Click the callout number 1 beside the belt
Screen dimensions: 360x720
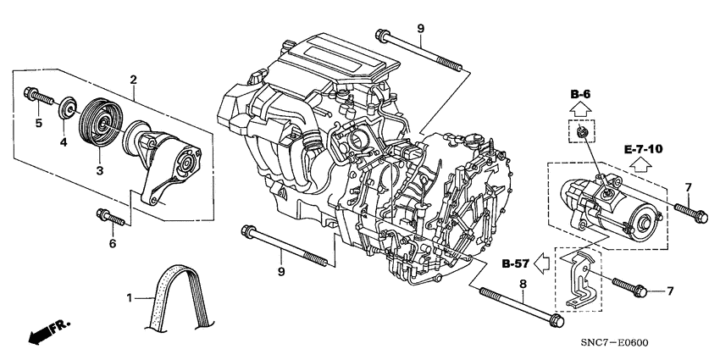coord(130,298)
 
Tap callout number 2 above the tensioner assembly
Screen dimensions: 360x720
coord(133,80)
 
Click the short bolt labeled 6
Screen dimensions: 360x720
coord(112,218)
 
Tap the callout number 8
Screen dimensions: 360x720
coord(522,286)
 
